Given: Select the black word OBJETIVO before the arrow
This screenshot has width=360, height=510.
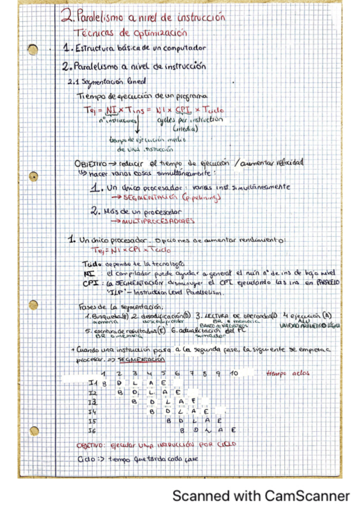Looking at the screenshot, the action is (x=91, y=163).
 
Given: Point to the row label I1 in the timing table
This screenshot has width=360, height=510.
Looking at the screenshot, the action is (x=93, y=382).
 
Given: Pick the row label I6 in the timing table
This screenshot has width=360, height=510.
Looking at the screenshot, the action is (x=93, y=431).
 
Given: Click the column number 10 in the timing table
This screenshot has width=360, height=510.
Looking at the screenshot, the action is (x=234, y=373).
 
